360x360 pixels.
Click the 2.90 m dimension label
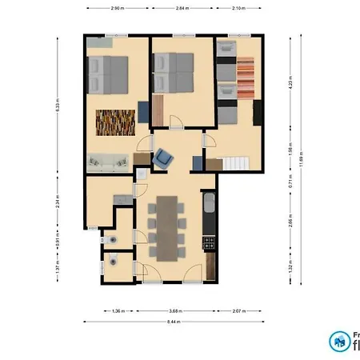[117, 7]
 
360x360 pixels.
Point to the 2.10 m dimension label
[238, 7]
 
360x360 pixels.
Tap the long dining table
[168, 228]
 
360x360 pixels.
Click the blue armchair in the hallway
[165, 158]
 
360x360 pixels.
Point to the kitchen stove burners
[210, 241]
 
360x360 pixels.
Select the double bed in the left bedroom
[108, 74]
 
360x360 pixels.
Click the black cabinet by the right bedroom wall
[257, 112]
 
